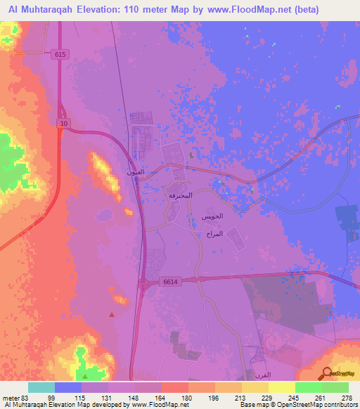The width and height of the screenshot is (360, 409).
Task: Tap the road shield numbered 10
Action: pyautogui.click(x=63, y=124)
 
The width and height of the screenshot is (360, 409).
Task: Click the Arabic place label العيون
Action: pyautogui.click(x=135, y=171)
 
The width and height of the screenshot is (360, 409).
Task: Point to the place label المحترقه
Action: pyautogui.click(x=181, y=195)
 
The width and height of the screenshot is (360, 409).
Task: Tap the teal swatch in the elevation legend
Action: pyautogui.click(x=41, y=387)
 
